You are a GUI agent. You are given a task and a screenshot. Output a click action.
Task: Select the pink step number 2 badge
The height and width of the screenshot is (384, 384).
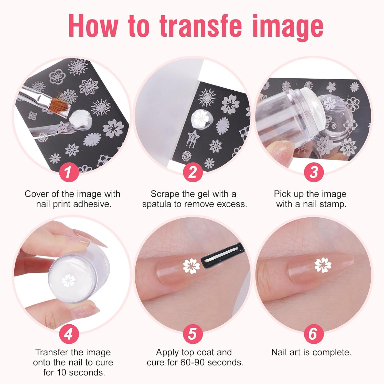click(193, 172)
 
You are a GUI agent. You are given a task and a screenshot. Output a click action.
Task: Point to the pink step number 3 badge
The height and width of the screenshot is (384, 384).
click(314, 172)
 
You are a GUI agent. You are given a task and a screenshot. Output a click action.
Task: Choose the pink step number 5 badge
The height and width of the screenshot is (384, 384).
click(193, 334)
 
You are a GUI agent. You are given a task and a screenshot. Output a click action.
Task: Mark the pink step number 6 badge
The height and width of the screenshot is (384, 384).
click(314, 334)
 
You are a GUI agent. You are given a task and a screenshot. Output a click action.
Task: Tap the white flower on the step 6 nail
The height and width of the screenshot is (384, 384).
click(323, 265)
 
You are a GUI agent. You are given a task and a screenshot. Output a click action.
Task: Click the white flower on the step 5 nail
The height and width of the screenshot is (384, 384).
click(192, 266)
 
